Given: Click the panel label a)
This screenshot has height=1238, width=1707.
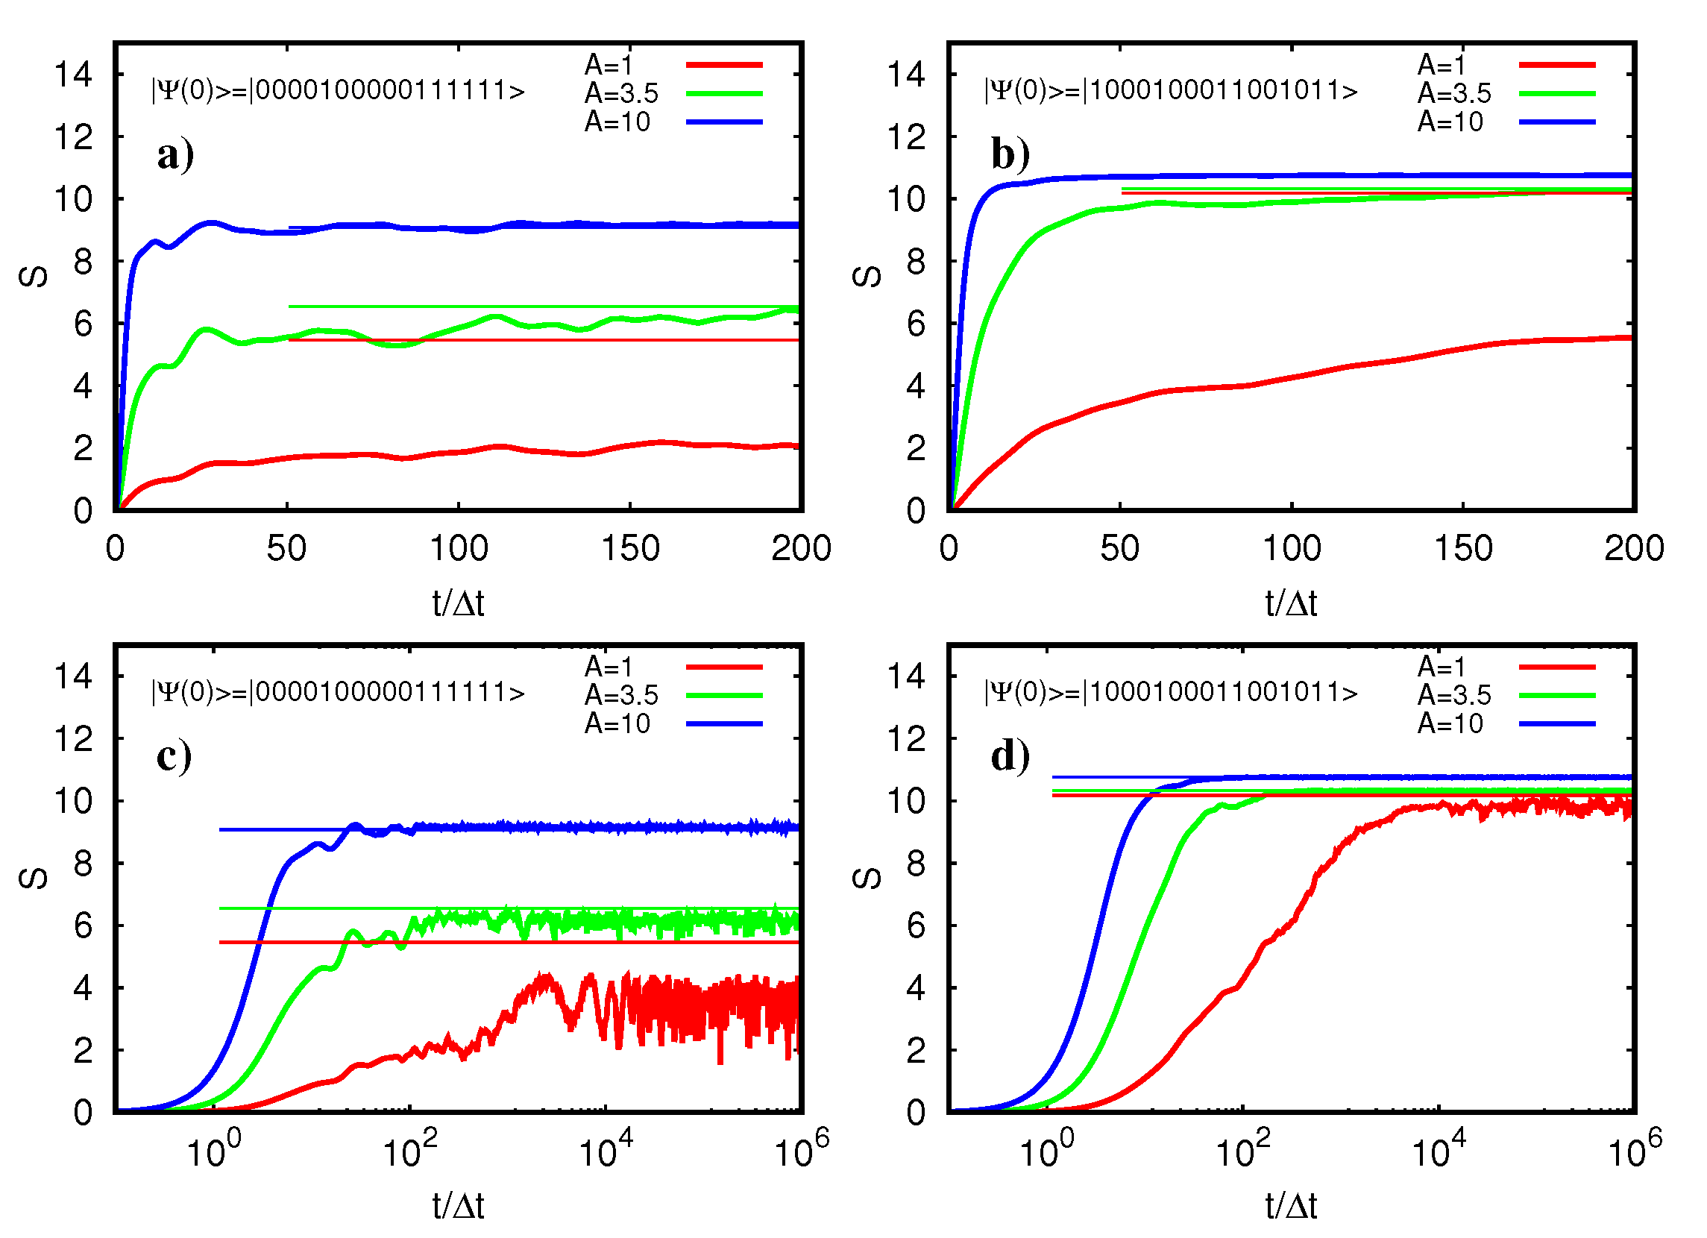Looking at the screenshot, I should point(175,156).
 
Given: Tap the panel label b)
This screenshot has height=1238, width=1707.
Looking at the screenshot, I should point(1010,156).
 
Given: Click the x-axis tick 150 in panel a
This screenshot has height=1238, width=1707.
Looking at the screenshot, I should point(630,549).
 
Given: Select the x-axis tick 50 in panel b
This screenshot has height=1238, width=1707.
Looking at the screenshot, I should point(1119,549).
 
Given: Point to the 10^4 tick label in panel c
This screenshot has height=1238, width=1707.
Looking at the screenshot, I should point(606,1149).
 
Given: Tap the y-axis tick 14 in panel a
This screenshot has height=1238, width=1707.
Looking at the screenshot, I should point(73,75).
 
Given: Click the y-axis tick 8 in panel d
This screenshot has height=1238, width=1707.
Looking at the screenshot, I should point(915,864).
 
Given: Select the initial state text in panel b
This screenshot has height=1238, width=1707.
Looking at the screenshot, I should point(1170,91).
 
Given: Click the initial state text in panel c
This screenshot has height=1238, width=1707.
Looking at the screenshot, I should point(338,692).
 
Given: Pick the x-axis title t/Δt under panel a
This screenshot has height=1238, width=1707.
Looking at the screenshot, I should point(458,603).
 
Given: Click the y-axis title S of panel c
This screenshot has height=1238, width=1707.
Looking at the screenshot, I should point(33,879).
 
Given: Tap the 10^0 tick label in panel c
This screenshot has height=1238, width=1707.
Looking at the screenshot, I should point(214,1149).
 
